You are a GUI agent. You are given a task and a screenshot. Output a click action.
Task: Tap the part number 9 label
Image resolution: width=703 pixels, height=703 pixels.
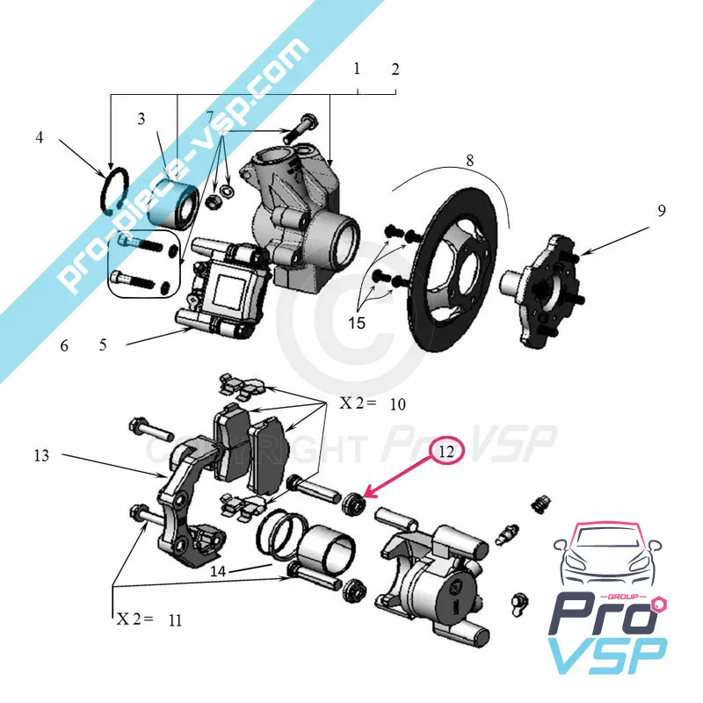[661, 211]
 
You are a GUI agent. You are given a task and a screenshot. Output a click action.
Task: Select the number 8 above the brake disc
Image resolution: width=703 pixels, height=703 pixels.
[470, 161]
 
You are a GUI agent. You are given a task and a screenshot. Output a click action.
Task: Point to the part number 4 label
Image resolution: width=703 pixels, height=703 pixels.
[40, 138]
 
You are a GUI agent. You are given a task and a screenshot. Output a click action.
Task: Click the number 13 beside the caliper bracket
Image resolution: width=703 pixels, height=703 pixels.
[42, 455]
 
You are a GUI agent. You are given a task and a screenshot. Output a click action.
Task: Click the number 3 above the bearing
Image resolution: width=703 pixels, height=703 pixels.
[141, 119]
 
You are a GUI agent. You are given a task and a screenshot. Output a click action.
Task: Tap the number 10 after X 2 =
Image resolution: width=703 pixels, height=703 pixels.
[397, 404]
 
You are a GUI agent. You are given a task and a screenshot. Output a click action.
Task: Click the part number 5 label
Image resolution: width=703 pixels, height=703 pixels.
[103, 345]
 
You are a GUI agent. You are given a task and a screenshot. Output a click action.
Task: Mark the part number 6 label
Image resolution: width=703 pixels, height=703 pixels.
[64, 345]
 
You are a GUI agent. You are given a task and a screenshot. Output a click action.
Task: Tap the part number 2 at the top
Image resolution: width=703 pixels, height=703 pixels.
[395, 69]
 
